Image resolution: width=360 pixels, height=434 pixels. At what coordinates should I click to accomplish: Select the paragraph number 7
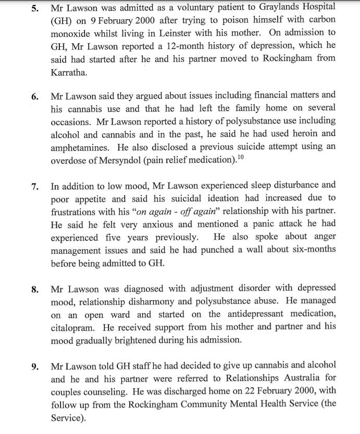35,185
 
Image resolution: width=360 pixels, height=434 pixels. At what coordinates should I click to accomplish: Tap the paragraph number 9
35,366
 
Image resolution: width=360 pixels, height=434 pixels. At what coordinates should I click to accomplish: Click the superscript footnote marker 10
241,157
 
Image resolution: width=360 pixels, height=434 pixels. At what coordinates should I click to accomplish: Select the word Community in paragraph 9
205,404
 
